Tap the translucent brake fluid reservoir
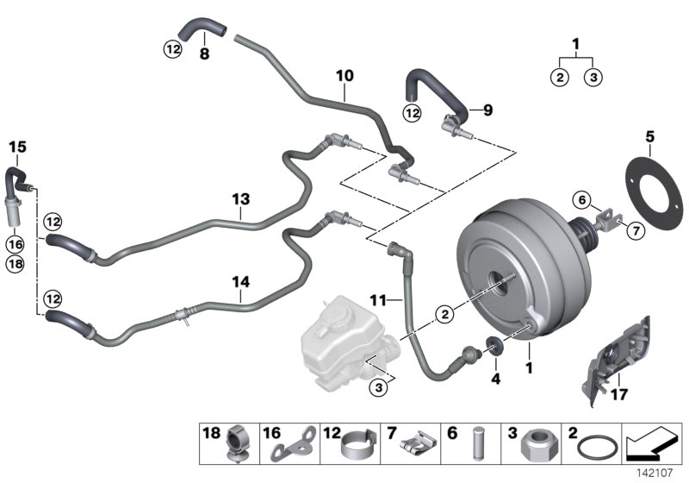click(340, 336)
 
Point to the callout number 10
click(344, 77)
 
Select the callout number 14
click(242, 281)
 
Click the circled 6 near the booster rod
click(581, 200)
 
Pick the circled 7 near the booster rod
click(635, 230)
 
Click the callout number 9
click(487, 110)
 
